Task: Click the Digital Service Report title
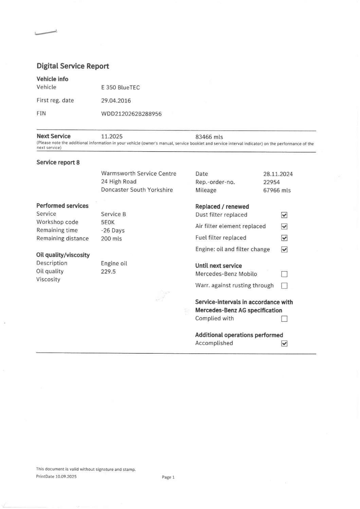click(x=73, y=66)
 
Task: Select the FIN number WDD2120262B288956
click(x=131, y=114)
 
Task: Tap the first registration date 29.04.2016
click(x=116, y=101)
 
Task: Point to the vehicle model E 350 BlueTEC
click(x=120, y=87)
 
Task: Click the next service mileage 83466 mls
click(x=209, y=137)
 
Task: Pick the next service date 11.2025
click(x=112, y=137)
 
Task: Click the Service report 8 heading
click(x=58, y=162)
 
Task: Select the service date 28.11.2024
click(x=278, y=174)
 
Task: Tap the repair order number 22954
click(x=271, y=182)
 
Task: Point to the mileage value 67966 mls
click(x=277, y=190)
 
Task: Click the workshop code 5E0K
click(x=108, y=222)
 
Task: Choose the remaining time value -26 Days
click(x=113, y=230)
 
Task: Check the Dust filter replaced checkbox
click(x=284, y=215)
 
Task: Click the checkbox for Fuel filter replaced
click(x=284, y=238)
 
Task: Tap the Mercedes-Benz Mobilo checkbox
click(x=284, y=274)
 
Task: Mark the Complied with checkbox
click(x=284, y=319)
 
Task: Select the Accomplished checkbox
click(x=284, y=344)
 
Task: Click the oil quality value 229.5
click(x=108, y=271)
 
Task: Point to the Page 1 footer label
click(x=168, y=477)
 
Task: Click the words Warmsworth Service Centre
click(x=139, y=174)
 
